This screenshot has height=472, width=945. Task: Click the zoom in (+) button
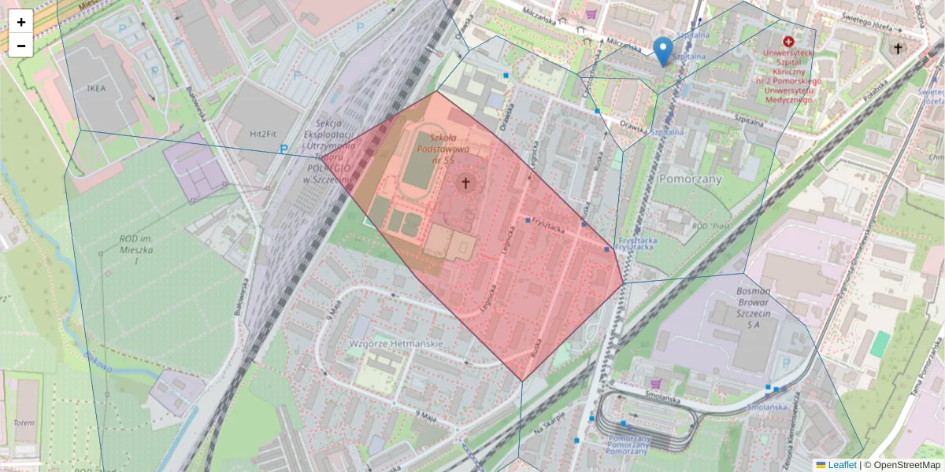(21, 22)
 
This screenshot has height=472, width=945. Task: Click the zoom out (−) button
(21, 46)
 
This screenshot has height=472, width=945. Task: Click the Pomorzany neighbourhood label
(692, 179)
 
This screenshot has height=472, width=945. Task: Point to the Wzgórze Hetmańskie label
(396, 344)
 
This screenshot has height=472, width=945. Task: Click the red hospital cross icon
(788, 40)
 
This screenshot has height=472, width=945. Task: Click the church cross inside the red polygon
(465, 183)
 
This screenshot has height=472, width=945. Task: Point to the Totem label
(24, 422)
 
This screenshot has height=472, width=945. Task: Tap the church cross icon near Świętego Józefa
(897, 49)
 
